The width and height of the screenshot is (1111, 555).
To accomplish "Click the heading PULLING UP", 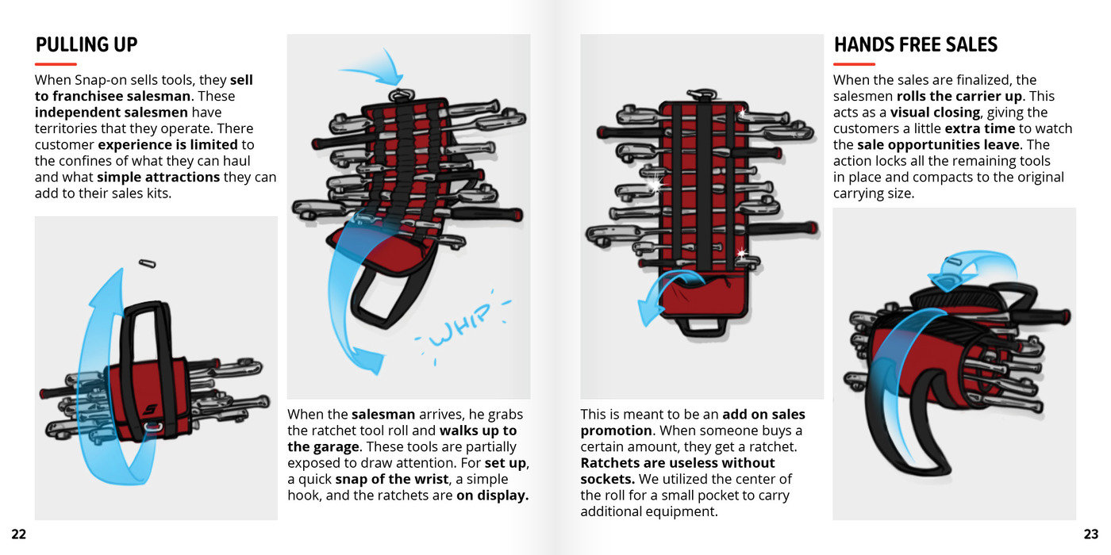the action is [x=86, y=44].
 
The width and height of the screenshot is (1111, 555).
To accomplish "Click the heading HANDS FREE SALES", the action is [x=916, y=44].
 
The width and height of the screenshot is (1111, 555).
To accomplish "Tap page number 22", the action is [x=19, y=534].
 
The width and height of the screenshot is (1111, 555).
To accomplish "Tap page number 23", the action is [x=1091, y=534].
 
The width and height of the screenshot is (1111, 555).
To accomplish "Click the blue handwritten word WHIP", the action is [x=460, y=324].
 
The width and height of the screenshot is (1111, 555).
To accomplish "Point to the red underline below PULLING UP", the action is [x=56, y=64].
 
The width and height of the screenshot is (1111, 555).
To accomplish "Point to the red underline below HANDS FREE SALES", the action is [x=854, y=64].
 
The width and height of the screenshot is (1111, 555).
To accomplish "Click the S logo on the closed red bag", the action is [x=150, y=409].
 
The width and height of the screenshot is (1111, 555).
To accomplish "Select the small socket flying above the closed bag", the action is [x=148, y=263].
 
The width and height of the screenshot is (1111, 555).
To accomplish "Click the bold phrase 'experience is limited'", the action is [x=167, y=144].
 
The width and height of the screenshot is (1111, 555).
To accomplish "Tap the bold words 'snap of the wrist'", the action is [x=392, y=479].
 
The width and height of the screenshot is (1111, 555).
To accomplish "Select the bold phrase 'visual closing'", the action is [x=935, y=113].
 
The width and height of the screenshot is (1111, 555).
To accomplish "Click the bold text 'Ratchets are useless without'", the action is [x=678, y=463].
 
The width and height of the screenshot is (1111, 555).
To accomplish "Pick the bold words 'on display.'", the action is [x=493, y=496].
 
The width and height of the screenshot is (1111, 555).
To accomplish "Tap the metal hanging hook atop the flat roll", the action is [x=701, y=94].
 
